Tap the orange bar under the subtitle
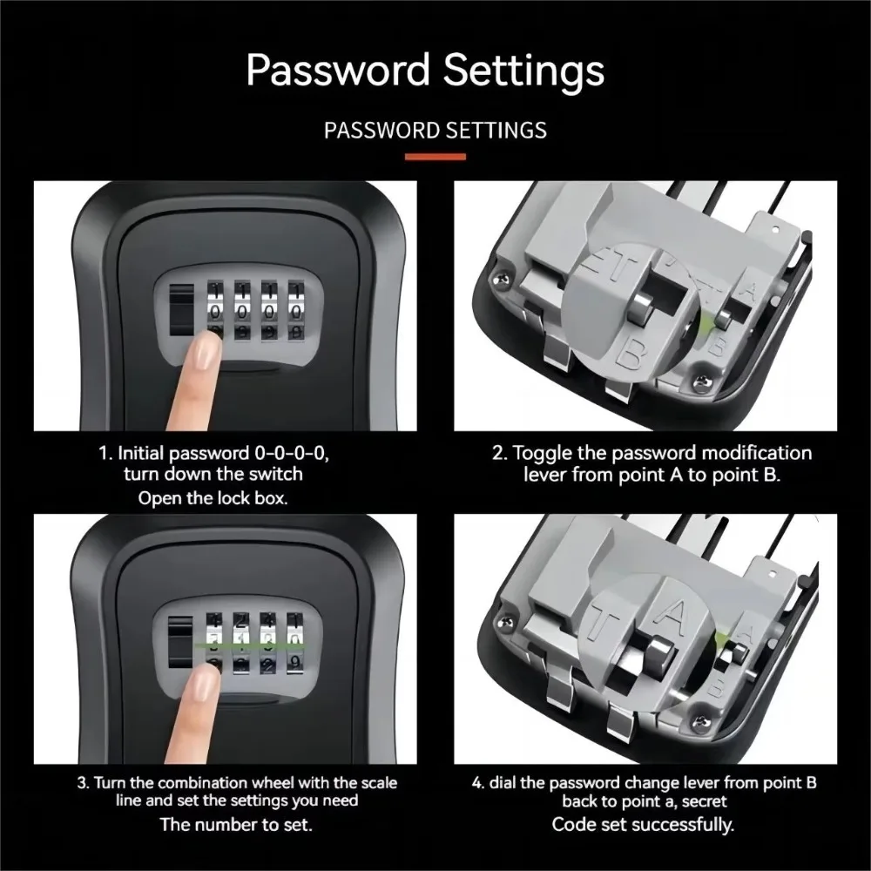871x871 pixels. pyautogui.click(x=435, y=157)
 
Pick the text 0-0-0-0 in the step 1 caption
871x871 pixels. pyautogui.click(x=290, y=453)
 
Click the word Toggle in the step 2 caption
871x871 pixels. pyautogui.click(x=541, y=453)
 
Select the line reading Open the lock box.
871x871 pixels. pyautogui.click(x=213, y=499)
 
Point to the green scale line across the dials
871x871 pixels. pyautogui.click(x=253, y=645)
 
